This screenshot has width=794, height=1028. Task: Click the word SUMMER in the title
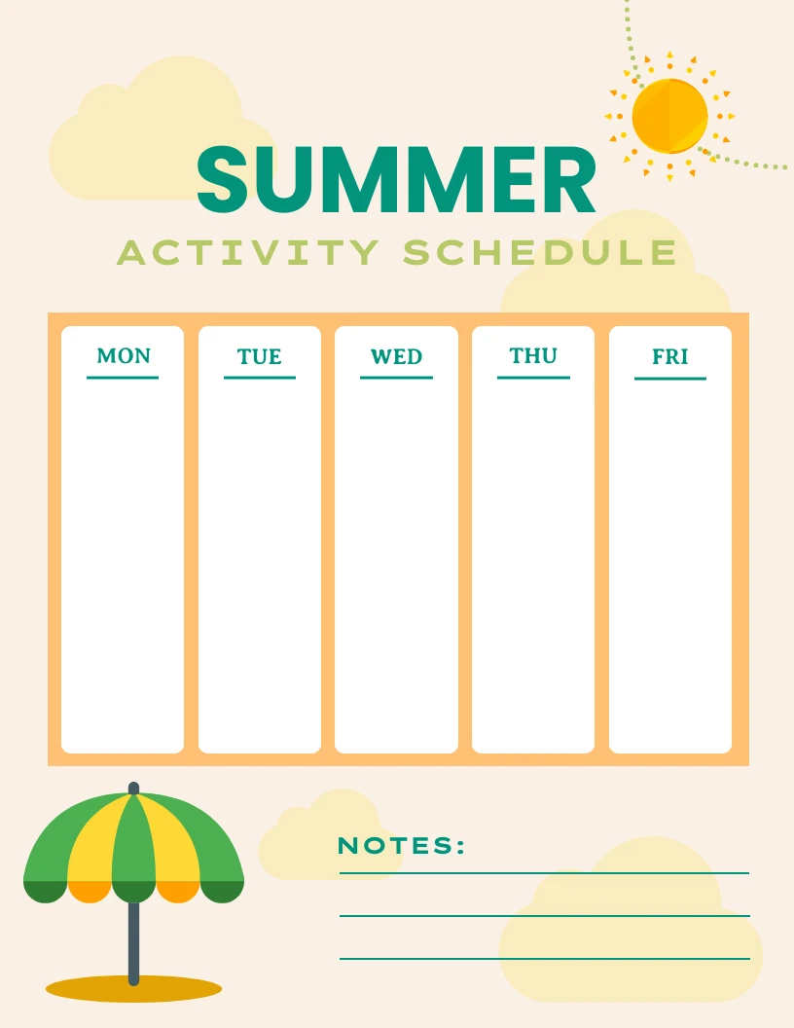coord(396,181)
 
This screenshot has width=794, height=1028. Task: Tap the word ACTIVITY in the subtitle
coord(247,253)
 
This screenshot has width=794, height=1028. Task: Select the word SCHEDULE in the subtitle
coord(540,253)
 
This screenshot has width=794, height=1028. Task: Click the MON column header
coord(124,356)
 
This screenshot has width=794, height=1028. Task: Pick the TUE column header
coord(260,357)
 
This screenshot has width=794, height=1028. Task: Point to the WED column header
coord(396,357)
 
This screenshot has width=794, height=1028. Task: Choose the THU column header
coord(533,356)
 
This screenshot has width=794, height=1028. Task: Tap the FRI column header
coord(670,357)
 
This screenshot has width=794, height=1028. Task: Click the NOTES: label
coord(402,846)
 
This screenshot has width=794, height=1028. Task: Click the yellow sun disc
coord(669,116)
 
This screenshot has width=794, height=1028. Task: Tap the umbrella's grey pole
coord(133,939)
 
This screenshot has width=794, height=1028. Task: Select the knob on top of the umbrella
coord(133,788)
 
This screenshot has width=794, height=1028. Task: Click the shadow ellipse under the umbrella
coord(133,989)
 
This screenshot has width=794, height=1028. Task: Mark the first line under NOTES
coord(544,873)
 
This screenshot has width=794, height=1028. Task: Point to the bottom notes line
coord(544,959)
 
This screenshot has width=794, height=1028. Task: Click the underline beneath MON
coord(123,377)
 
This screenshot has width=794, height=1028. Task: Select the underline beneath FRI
coord(670,378)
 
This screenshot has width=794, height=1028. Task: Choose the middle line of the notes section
coord(544,916)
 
